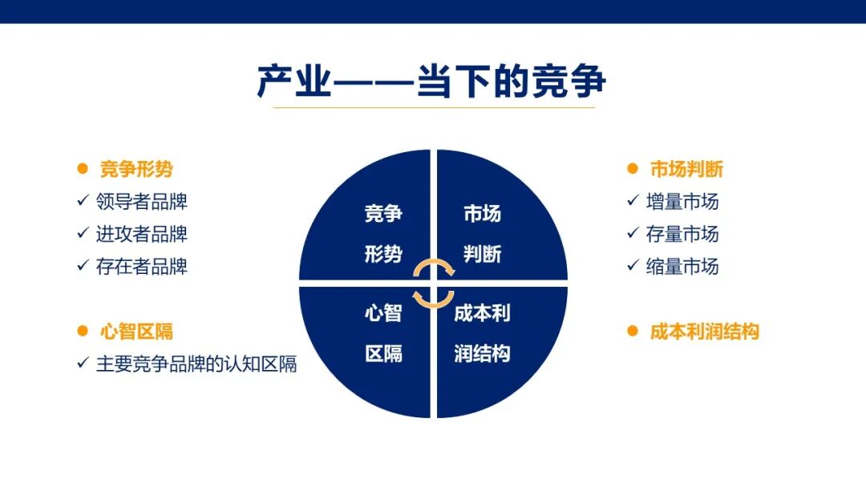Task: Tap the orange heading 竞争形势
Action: click(x=136, y=169)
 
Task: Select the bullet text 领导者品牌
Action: click(x=142, y=202)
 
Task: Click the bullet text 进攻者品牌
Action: click(x=142, y=234)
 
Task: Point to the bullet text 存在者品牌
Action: click(x=142, y=266)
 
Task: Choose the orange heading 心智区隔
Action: click(x=136, y=332)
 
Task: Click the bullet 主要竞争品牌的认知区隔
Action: click(x=196, y=364)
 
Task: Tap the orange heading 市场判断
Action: click(x=686, y=169)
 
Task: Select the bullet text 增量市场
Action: click(x=682, y=202)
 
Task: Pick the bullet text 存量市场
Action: click(x=682, y=234)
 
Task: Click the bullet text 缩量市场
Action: click(x=682, y=266)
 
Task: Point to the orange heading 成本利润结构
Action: click(x=704, y=332)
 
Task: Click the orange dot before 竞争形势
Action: click(x=81, y=169)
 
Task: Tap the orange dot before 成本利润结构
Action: click(x=632, y=331)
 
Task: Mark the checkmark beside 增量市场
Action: click(x=632, y=202)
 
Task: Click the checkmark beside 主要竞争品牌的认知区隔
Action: click(x=82, y=363)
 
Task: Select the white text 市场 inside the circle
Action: click(x=482, y=214)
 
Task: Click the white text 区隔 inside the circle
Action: click(x=383, y=353)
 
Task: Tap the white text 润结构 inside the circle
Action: click(x=482, y=353)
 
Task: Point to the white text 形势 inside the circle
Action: click(x=383, y=254)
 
